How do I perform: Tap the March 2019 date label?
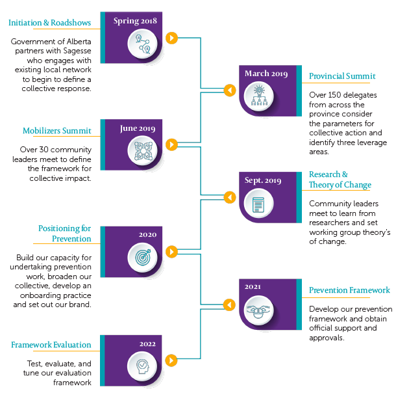click(x=266, y=74)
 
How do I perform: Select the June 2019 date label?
click(x=138, y=128)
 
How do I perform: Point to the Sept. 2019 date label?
click(x=262, y=180)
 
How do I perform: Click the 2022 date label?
click(x=147, y=343)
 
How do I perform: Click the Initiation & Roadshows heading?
click(x=49, y=23)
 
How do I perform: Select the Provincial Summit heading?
click(x=342, y=76)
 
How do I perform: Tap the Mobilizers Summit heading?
click(x=57, y=130)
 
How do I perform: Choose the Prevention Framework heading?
click(x=349, y=290)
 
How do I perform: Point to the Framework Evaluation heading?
click(x=51, y=345)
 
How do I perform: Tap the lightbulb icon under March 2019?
click(x=260, y=96)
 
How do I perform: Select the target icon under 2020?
click(x=142, y=257)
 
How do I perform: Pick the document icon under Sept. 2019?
click(x=259, y=204)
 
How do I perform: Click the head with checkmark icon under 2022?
click(x=142, y=364)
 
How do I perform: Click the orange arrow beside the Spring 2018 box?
click(x=171, y=38)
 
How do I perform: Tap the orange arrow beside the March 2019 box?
click(x=229, y=90)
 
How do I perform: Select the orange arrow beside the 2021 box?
click(x=229, y=305)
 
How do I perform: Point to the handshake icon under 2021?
click(x=259, y=311)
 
